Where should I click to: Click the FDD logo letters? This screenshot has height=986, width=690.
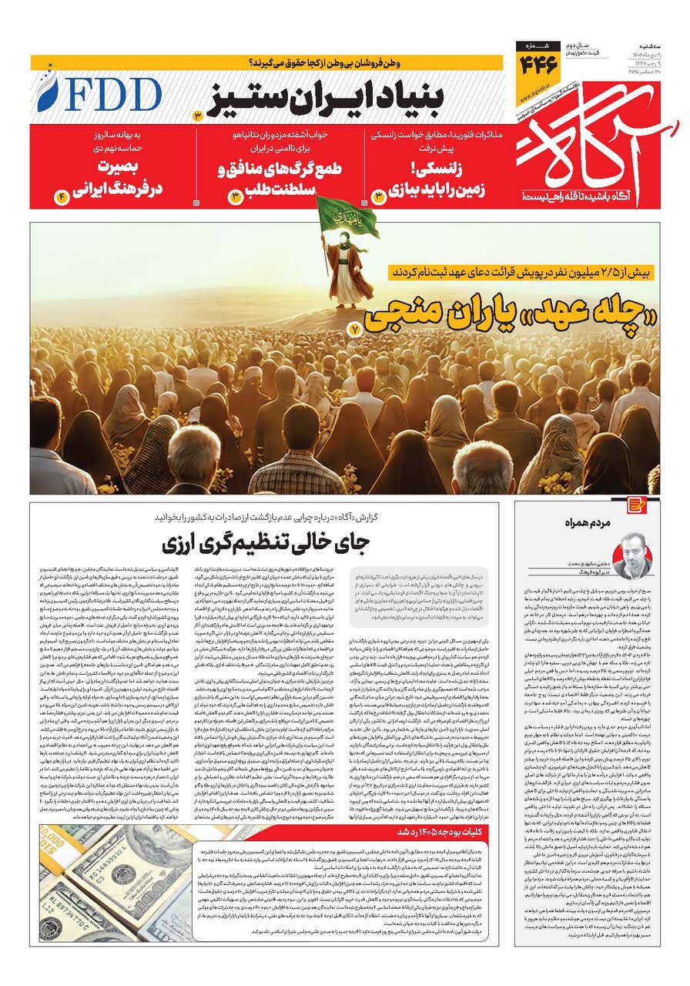[x=104, y=94]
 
